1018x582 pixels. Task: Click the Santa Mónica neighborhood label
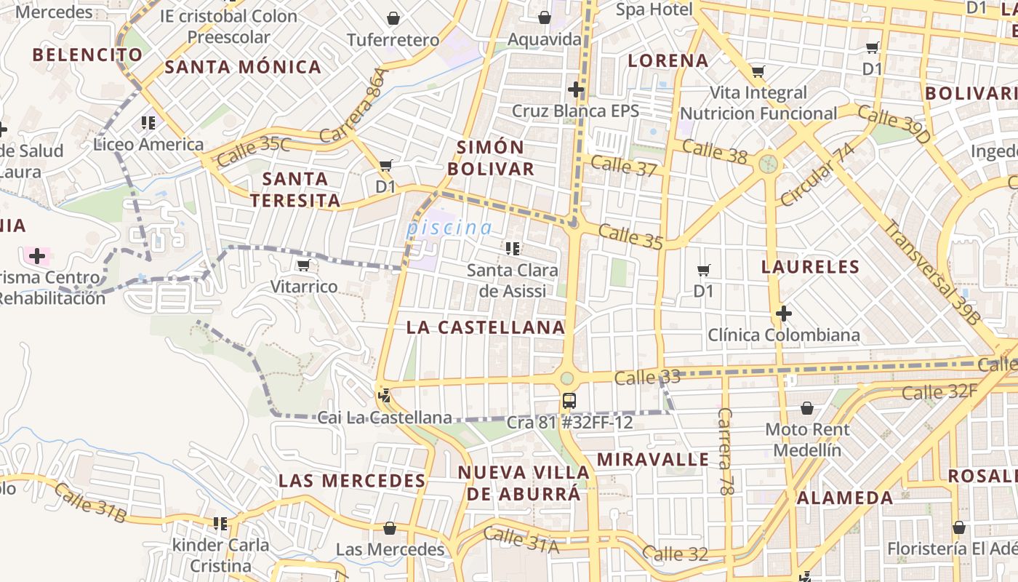tap(243, 67)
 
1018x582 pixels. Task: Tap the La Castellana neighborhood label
tap(486, 327)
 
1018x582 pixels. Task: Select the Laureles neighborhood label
tap(810, 267)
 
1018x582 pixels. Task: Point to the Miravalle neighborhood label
tap(652, 459)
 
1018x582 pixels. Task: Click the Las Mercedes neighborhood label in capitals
tap(352, 480)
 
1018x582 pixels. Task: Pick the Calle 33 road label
tap(646, 378)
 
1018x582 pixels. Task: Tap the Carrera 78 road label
tap(725, 451)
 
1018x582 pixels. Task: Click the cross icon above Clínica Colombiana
tap(783, 314)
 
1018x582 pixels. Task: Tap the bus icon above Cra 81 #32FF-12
tap(569, 400)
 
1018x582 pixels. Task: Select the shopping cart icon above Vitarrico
tap(304, 265)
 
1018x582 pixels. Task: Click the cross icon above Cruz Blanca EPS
tap(576, 89)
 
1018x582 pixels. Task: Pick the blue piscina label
tap(449, 228)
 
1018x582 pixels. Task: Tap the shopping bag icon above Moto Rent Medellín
tap(806, 408)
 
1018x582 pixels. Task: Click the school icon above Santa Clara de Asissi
tap(513, 249)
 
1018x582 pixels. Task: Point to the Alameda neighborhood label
tap(845, 498)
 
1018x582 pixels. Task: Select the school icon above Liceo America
tap(148, 123)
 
